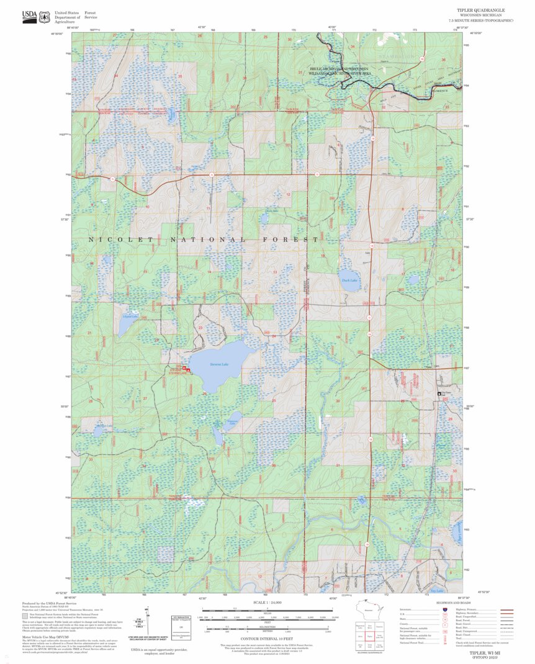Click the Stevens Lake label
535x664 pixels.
[x=220, y=364]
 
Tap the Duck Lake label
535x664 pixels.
[x=349, y=280]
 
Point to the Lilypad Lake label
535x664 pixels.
[x=130, y=316]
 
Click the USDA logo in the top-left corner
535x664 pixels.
[x=29, y=16]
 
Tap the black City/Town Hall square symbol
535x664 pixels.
[x=440, y=393]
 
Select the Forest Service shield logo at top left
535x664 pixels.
[x=45, y=17]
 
